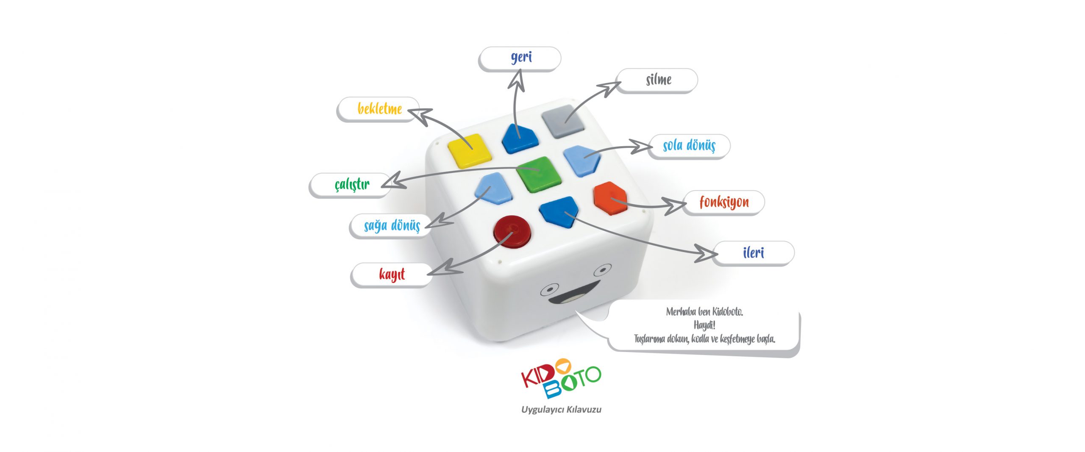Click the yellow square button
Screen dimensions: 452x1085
tap(470, 150)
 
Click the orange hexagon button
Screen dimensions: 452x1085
tap(610, 197)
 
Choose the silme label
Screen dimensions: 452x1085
tap(658, 80)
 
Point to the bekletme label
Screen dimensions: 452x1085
tap(379, 109)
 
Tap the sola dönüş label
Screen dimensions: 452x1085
tap(689, 146)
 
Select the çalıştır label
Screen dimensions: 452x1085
tap(352, 185)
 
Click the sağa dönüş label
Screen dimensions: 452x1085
tap(392, 226)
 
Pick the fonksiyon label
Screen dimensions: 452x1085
tap(724, 202)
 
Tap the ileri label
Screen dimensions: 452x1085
tap(753, 253)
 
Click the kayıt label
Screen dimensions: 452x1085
tap(392, 275)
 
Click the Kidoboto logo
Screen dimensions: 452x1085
tap(560, 378)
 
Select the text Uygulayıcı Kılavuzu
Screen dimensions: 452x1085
tap(561, 410)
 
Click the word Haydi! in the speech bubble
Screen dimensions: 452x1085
tap(704, 325)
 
